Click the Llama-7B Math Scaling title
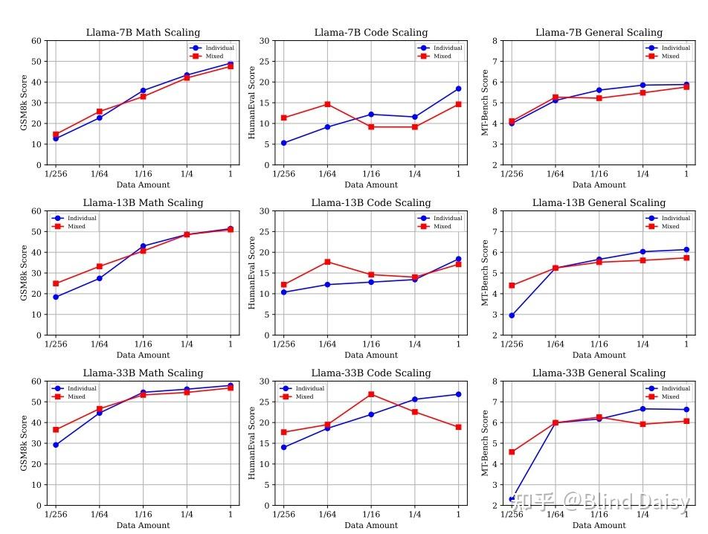(x=142, y=32)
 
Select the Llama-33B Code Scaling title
(x=370, y=373)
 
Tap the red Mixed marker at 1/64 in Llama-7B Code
(x=327, y=104)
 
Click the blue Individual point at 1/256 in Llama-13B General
(x=512, y=315)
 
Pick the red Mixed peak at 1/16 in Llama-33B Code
(x=371, y=394)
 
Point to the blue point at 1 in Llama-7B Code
(x=458, y=89)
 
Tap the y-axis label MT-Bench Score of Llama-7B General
(x=485, y=103)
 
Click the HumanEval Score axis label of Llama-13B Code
(x=252, y=273)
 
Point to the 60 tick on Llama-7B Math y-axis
(x=37, y=41)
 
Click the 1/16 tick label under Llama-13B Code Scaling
(x=371, y=344)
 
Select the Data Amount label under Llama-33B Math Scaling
(x=143, y=525)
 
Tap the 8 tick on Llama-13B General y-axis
(x=494, y=211)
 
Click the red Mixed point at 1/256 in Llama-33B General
(x=512, y=451)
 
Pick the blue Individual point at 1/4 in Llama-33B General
(x=643, y=408)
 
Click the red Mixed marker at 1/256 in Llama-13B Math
(x=56, y=283)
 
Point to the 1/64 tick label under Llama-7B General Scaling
(x=555, y=174)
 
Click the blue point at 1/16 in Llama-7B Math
(x=143, y=91)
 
